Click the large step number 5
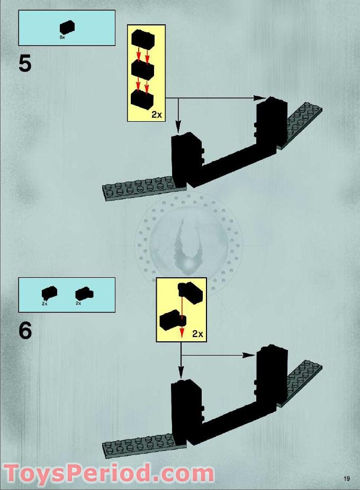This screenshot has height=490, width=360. click(25, 63)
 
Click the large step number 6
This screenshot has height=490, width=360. click(25, 331)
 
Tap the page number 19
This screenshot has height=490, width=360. click(346, 479)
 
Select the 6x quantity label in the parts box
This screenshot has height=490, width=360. click(62, 38)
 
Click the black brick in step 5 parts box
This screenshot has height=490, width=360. click(67, 28)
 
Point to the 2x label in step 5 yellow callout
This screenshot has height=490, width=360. click(156, 114)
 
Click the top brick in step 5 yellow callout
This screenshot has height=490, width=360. click(142, 39)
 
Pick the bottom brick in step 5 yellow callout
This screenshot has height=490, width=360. click(142, 99)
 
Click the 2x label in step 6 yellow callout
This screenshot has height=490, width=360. click(197, 334)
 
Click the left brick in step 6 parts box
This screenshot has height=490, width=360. click(49, 293)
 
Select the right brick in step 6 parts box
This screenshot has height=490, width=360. click(83, 294)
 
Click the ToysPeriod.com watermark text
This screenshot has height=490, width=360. click(108, 473)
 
